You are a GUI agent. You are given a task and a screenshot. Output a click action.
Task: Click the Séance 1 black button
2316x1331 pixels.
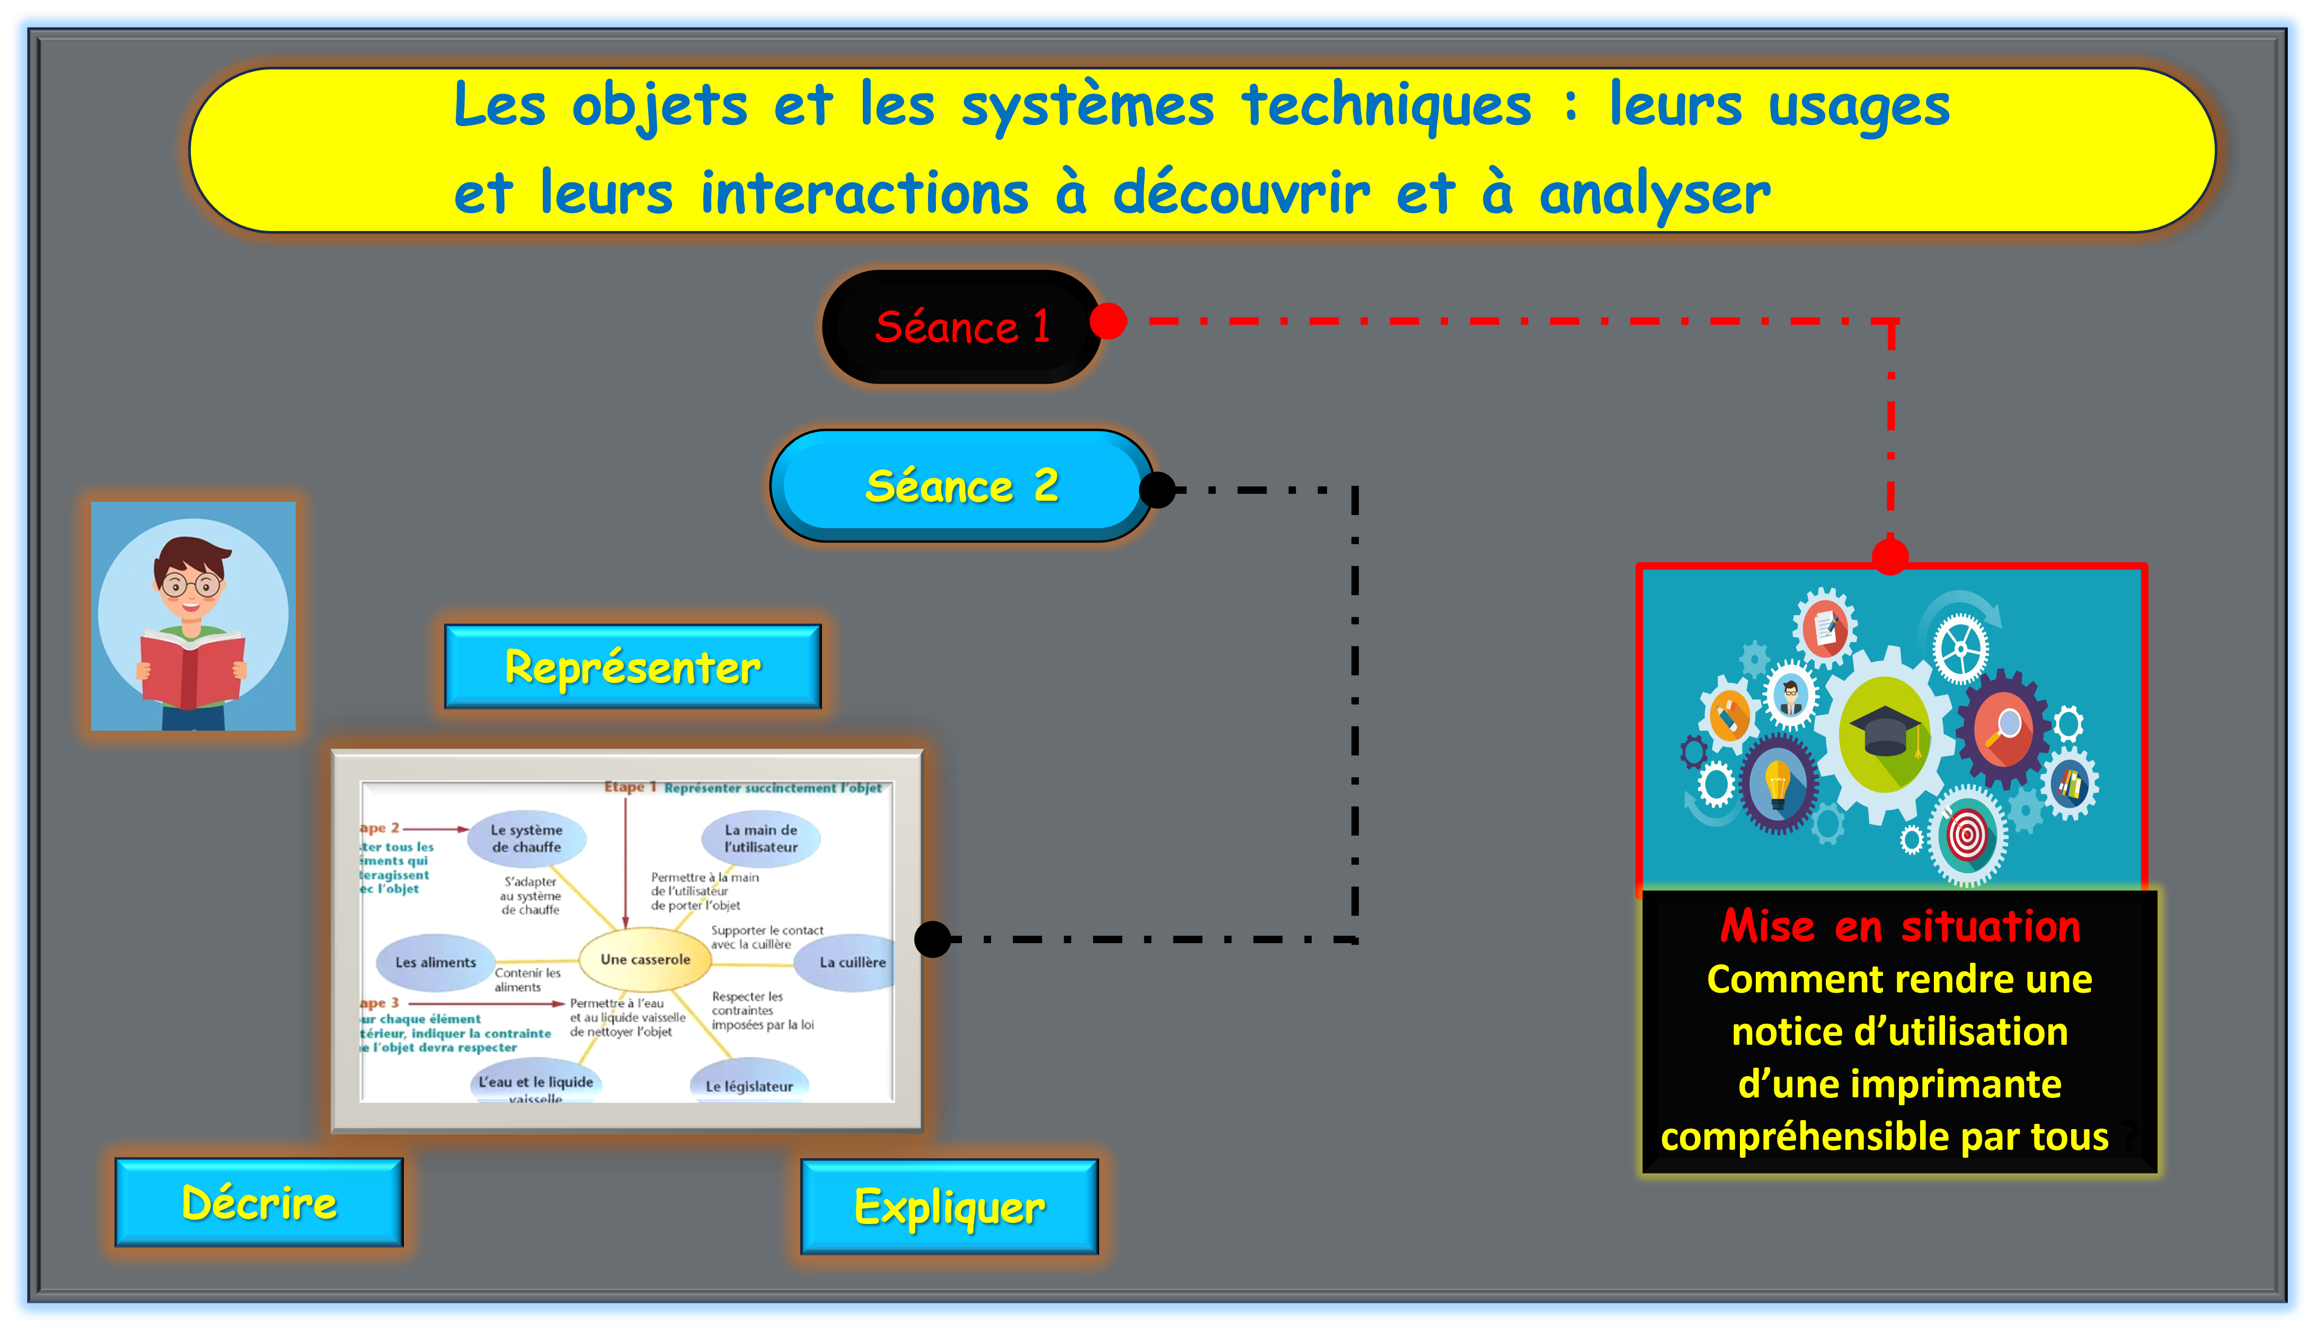(962, 326)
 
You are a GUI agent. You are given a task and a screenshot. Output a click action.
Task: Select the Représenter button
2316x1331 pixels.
(633, 667)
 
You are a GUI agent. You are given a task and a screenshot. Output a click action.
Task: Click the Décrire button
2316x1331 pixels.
(259, 1202)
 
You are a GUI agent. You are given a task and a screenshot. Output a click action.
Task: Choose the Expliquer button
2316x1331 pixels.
(949, 1206)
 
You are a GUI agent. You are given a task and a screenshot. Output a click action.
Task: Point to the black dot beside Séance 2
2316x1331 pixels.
(1157, 490)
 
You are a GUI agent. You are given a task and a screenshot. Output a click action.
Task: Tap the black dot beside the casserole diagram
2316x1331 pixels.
(933, 939)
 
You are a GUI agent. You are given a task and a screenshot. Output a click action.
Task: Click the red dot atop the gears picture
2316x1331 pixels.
(1890, 556)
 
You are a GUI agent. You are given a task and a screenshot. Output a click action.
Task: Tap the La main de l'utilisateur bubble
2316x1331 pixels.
(761, 838)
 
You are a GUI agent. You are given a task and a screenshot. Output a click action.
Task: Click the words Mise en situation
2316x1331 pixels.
(1900, 926)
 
